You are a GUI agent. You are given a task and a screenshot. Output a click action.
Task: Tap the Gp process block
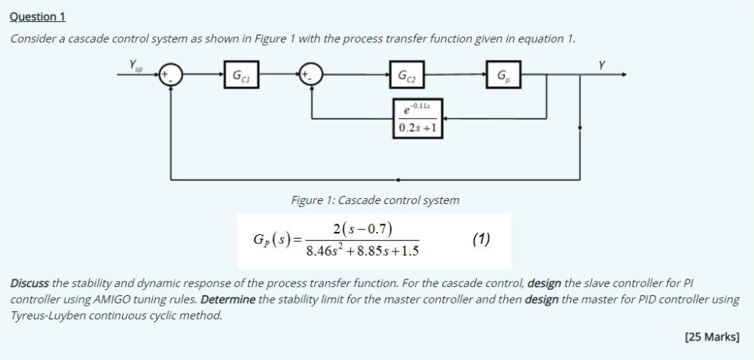point(502,75)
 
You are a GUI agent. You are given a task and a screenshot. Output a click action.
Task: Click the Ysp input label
point(136,67)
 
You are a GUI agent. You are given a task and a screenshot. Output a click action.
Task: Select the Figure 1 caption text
point(374,200)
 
